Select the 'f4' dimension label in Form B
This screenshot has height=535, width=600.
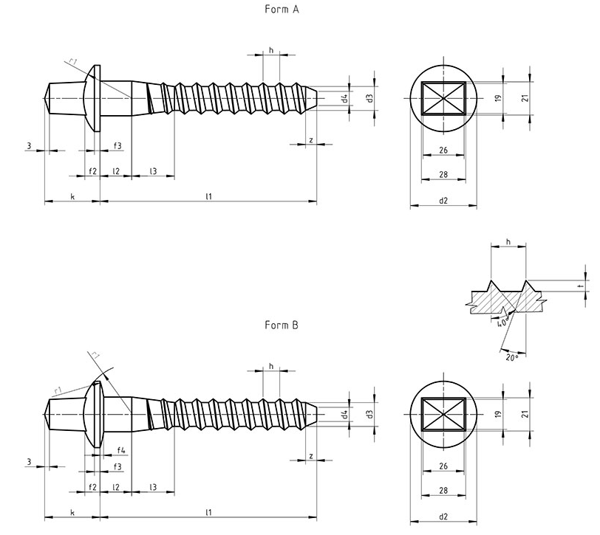(120, 449)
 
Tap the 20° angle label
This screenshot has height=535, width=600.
(513, 356)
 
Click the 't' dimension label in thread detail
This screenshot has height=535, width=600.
(582, 286)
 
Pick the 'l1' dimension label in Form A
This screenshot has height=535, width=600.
(209, 196)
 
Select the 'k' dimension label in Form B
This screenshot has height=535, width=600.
(72, 511)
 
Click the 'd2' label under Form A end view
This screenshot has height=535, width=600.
(443, 201)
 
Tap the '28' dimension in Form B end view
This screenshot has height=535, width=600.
(443, 491)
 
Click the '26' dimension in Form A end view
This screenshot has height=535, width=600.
(443, 151)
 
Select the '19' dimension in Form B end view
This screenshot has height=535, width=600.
(497, 414)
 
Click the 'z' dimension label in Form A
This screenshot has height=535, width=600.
(310, 139)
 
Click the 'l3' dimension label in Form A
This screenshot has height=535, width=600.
(153, 171)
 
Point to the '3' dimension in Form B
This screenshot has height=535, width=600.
(29, 462)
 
